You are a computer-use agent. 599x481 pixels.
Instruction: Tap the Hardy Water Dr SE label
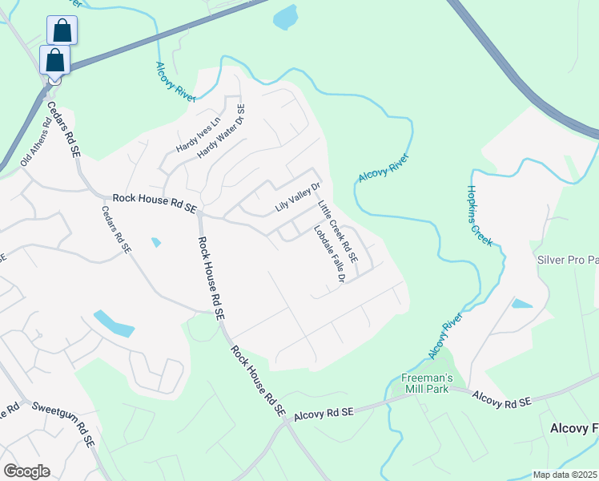click(221, 132)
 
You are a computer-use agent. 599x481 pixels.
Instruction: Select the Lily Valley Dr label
click(297, 197)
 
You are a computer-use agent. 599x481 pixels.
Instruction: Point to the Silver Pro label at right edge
click(568, 261)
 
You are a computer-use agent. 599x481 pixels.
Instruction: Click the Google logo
click(26, 471)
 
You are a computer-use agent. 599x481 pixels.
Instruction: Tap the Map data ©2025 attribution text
click(565, 475)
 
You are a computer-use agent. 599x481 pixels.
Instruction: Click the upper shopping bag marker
click(62, 30)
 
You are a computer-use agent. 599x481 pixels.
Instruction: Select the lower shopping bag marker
click(54, 60)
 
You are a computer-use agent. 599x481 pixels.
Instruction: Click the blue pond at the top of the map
click(286, 17)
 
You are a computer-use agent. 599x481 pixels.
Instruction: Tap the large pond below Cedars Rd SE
click(114, 323)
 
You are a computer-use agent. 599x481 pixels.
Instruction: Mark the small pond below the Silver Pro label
click(521, 304)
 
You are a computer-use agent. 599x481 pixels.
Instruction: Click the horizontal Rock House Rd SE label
click(155, 202)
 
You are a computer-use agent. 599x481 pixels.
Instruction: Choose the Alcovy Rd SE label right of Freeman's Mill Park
click(502, 398)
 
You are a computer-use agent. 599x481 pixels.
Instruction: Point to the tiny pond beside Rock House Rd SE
click(156, 242)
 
